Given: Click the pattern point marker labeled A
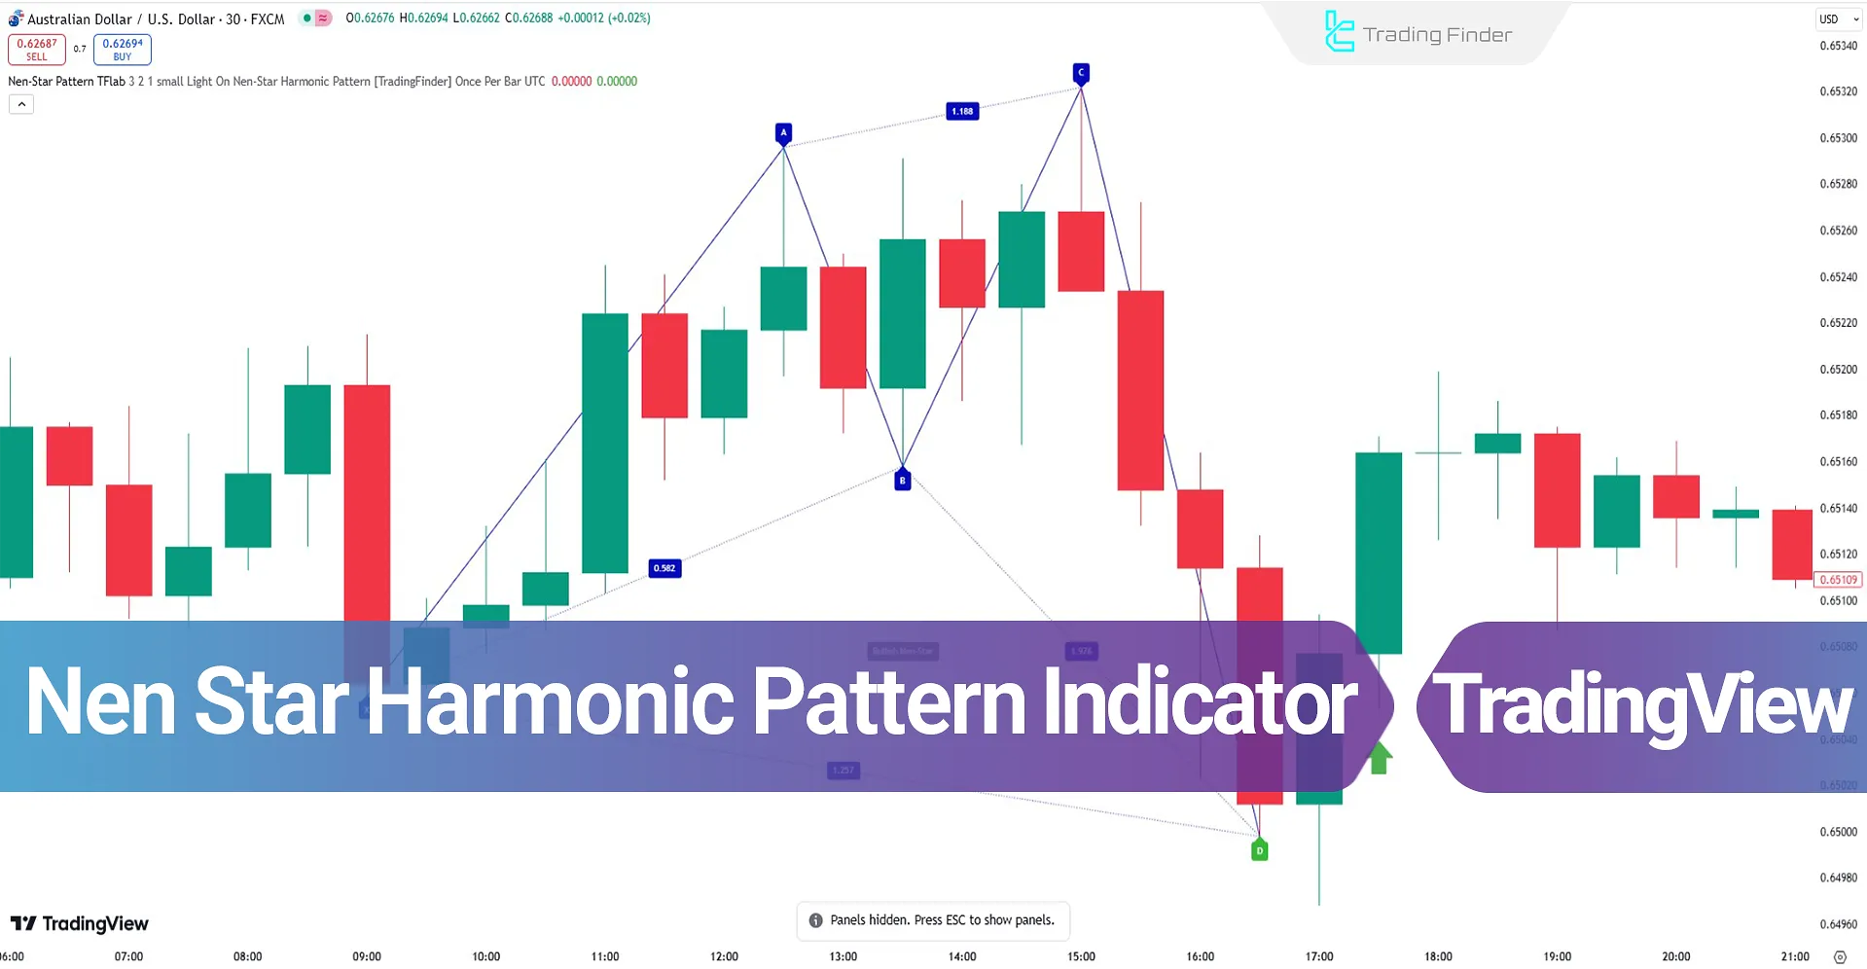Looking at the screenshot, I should pos(783,132).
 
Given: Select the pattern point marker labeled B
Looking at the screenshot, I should pos(902,480).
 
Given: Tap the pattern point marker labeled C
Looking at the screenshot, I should pos(1080,73).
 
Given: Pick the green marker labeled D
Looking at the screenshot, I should pos(1259,851).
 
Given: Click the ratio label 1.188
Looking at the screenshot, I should pos(962,111).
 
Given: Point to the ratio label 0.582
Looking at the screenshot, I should pos(664,568).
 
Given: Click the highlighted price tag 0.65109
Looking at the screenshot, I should pos(1837,580).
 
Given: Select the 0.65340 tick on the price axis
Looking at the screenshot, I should pos(1837,46).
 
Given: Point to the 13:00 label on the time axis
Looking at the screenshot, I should pos(843,956).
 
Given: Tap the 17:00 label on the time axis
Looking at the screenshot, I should pos(1318,956).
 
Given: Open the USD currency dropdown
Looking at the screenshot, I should pos(1838,18).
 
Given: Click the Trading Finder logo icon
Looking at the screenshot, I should pos(1339,32).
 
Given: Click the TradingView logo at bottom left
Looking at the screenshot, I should pos(80,923).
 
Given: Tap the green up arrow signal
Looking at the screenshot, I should pos(1379,758).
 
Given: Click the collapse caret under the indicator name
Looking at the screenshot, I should pos(21,104).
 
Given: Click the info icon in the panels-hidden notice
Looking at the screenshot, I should pos(815,920).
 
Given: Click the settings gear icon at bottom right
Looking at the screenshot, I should pos(1839,957).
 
